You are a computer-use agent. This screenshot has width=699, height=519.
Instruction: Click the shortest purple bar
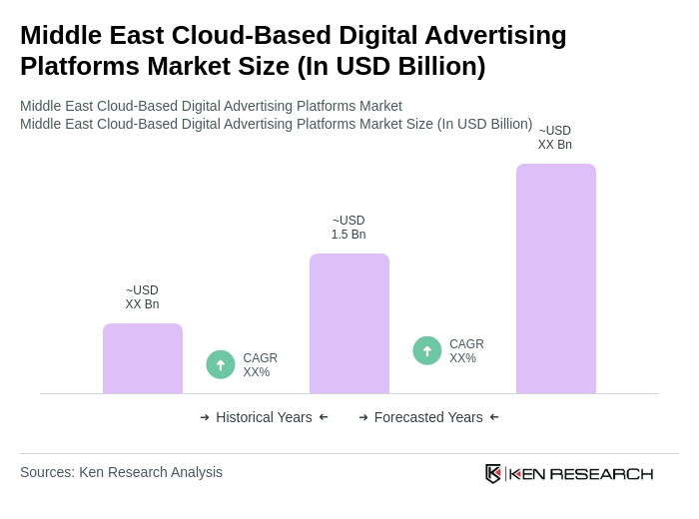(x=143, y=358)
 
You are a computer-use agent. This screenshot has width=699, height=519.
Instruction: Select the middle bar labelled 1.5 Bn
(x=349, y=323)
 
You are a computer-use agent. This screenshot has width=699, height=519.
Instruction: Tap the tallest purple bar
(x=556, y=278)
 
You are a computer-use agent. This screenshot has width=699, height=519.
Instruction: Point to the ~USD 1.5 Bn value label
(x=349, y=228)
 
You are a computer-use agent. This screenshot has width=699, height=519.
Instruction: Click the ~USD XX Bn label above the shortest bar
(x=142, y=297)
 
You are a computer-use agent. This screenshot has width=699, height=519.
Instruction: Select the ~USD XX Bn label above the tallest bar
(x=555, y=138)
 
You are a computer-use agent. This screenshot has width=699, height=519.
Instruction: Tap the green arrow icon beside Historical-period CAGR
(x=221, y=364)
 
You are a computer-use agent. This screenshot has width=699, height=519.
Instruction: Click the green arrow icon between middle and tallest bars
(x=427, y=350)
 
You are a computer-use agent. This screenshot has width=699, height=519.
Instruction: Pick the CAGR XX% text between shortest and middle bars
(x=260, y=365)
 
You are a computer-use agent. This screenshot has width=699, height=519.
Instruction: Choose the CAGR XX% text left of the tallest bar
(x=466, y=351)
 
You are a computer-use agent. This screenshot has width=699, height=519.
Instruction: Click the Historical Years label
(x=264, y=417)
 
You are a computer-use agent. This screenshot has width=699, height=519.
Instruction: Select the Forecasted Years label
(x=428, y=417)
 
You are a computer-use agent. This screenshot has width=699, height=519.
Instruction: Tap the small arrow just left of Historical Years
(x=205, y=417)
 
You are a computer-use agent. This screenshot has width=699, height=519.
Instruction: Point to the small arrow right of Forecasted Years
(x=494, y=417)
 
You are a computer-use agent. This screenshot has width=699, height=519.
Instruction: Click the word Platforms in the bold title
(x=76, y=66)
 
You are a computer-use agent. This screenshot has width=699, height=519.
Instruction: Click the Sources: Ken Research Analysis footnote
(x=121, y=472)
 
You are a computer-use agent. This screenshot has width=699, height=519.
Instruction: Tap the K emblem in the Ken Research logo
(x=493, y=473)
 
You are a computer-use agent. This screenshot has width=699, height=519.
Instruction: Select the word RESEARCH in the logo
(x=601, y=473)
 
